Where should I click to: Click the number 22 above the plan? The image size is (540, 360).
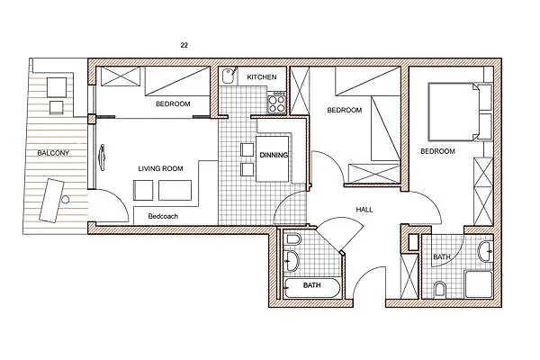(184, 45)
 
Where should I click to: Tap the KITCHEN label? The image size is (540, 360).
(262, 77)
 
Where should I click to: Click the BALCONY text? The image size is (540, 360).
(53, 153)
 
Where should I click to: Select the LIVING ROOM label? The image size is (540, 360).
(160, 168)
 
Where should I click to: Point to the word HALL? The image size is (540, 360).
(364, 210)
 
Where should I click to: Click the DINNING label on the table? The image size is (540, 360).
(274, 155)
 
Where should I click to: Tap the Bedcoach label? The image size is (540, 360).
(163, 216)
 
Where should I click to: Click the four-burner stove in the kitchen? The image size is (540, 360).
(277, 103)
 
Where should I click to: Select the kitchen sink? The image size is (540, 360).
(228, 76)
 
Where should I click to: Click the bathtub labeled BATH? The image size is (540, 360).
(312, 288)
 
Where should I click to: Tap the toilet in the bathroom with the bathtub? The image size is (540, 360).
(293, 239)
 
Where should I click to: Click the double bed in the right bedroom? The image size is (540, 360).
(454, 112)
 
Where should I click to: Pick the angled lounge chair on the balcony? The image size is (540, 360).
(51, 200)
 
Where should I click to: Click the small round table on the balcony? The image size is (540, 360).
(66, 199)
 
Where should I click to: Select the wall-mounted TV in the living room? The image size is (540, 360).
(102, 157)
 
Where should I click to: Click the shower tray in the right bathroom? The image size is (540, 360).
(479, 284)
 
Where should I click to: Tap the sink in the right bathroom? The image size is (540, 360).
(486, 252)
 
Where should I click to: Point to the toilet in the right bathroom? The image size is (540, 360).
(440, 289)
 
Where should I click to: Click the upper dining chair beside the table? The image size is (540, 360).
(247, 150)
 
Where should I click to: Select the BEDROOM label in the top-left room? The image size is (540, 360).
(173, 103)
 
